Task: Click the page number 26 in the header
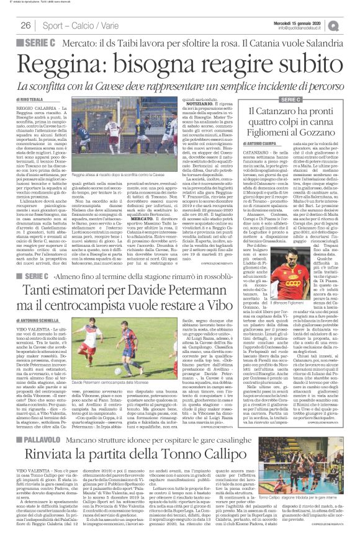25,25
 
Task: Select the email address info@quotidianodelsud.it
309,28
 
